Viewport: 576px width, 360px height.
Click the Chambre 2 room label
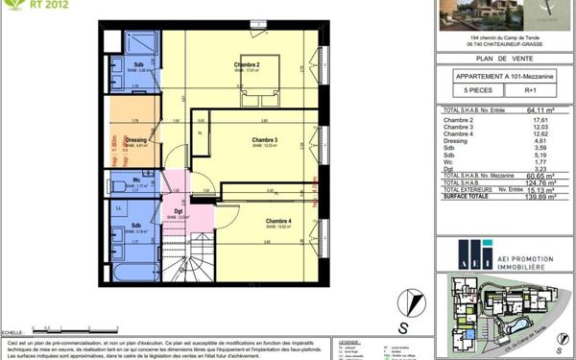pos(247,65)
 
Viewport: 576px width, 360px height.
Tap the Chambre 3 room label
pos(264,141)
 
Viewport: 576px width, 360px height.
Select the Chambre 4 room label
pos(277,220)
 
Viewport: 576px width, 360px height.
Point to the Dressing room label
pos(135,140)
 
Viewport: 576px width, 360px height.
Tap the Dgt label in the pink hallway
pos(178,211)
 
